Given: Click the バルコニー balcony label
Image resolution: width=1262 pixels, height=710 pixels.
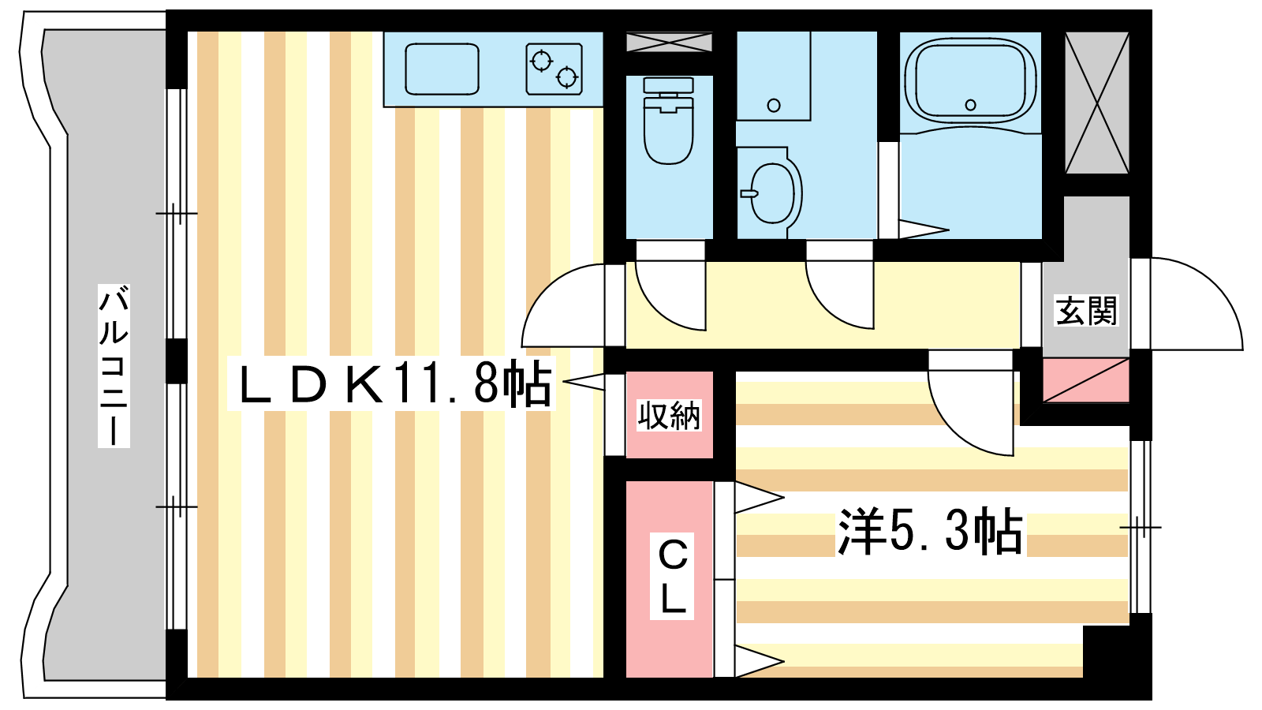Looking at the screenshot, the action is click(114, 366).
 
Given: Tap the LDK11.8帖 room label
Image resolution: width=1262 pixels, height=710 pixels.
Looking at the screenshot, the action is click(392, 383).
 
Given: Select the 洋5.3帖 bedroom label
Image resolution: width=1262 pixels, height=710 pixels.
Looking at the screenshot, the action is click(931, 532).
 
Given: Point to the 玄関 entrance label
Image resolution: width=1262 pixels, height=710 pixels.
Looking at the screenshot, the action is click(1085, 311).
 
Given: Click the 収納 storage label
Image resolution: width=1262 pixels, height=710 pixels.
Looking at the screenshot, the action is click(669, 416).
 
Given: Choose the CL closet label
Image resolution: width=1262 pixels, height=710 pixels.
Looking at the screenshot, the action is click(672, 576).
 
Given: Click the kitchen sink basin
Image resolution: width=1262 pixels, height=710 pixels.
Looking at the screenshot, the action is click(442, 69).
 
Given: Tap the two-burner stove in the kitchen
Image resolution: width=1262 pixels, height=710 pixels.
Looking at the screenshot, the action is click(554, 69).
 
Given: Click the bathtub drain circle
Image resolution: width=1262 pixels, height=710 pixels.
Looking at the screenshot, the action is click(970, 105).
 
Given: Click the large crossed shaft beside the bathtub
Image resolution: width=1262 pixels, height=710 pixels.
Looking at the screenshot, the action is click(1097, 103).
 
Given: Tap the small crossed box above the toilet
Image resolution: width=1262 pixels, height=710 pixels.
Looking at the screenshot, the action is click(670, 43).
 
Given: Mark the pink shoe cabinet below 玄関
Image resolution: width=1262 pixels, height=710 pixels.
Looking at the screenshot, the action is click(1085, 380).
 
